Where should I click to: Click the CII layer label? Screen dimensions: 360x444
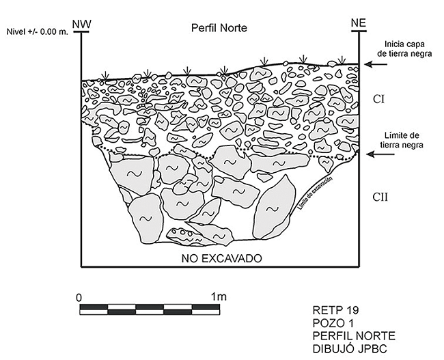(382, 197)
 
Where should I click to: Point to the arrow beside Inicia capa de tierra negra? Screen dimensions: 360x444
(376, 64)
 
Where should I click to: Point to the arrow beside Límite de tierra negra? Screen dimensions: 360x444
(376, 155)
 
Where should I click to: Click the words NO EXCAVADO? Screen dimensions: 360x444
(222, 259)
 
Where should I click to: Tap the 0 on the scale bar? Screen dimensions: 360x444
(79, 297)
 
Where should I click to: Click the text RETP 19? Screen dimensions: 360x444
(331, 311)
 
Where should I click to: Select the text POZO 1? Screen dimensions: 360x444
(329, 323)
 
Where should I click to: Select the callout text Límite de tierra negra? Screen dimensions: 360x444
(408, 140)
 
